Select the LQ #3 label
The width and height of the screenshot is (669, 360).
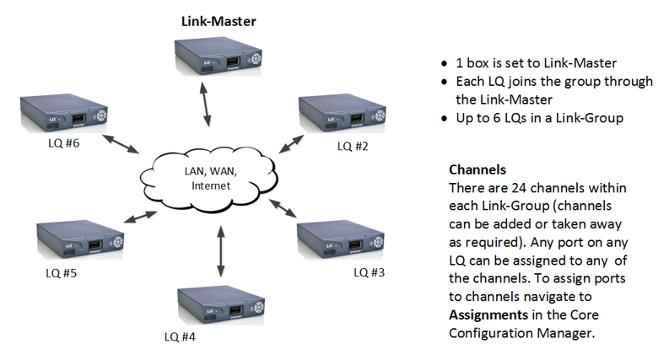pyautogui.click(x=367, y=271)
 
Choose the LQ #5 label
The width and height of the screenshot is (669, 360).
pyautogui.click(x=65, y=272)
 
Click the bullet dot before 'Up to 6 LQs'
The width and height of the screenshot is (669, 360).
pyautogui.click(x=445, y=119)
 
